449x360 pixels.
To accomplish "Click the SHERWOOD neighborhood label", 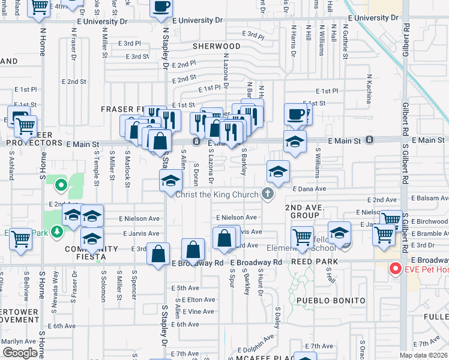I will point(217,46).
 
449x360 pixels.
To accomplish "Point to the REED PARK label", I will point(314,262).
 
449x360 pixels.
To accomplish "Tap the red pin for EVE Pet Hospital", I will point(395,268).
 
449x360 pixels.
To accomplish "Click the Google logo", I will point(20,352).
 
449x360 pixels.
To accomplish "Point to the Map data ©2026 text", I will point(424,355).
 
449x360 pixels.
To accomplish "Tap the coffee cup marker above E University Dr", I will point(161,7).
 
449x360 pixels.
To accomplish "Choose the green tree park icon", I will point(57,230).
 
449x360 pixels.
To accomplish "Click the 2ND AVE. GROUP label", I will point(304,211).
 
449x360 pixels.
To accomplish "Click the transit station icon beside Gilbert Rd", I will point(370,140).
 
